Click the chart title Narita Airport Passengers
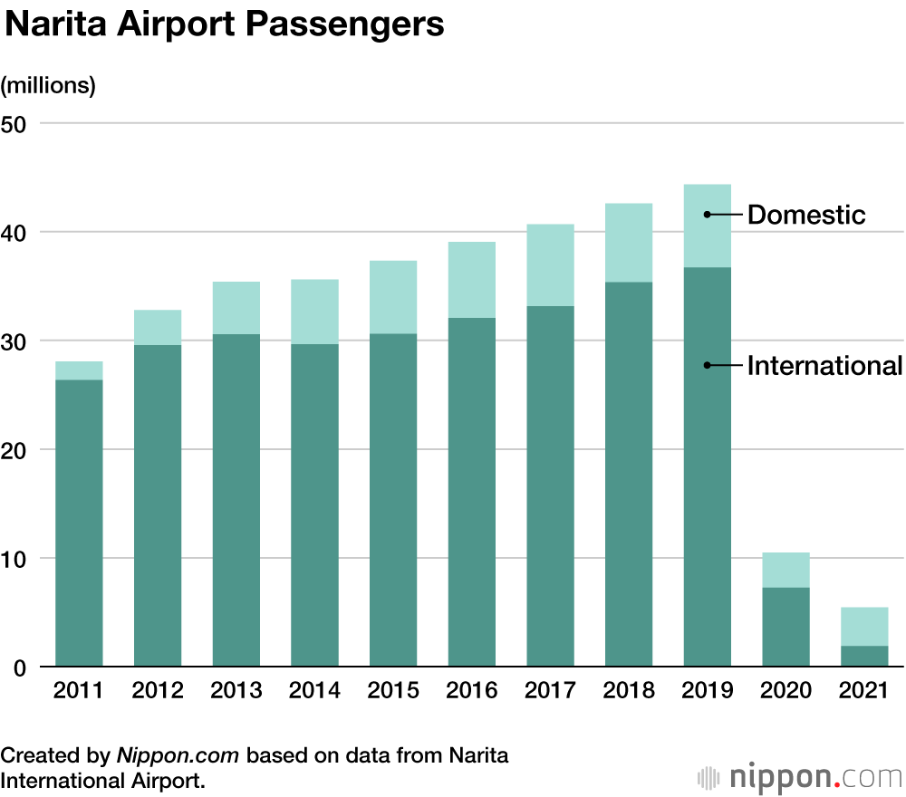tap(225, 24)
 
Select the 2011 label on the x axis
tap(79, 691)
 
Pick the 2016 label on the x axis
tap(471, 691)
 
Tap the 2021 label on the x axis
tap(863, 691)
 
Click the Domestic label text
tap(806, 215)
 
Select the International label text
tap(824, 366)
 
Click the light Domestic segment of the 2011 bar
tap(79, 370)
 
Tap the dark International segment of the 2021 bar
tap(863, 657)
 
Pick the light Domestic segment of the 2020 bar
tap(786, 570)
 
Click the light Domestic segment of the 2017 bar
tap(550, 264)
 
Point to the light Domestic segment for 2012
tap(158, 327)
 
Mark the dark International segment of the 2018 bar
tap(629, 475)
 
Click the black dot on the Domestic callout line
tap(707, 215)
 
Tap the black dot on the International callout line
tap(707, 366)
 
